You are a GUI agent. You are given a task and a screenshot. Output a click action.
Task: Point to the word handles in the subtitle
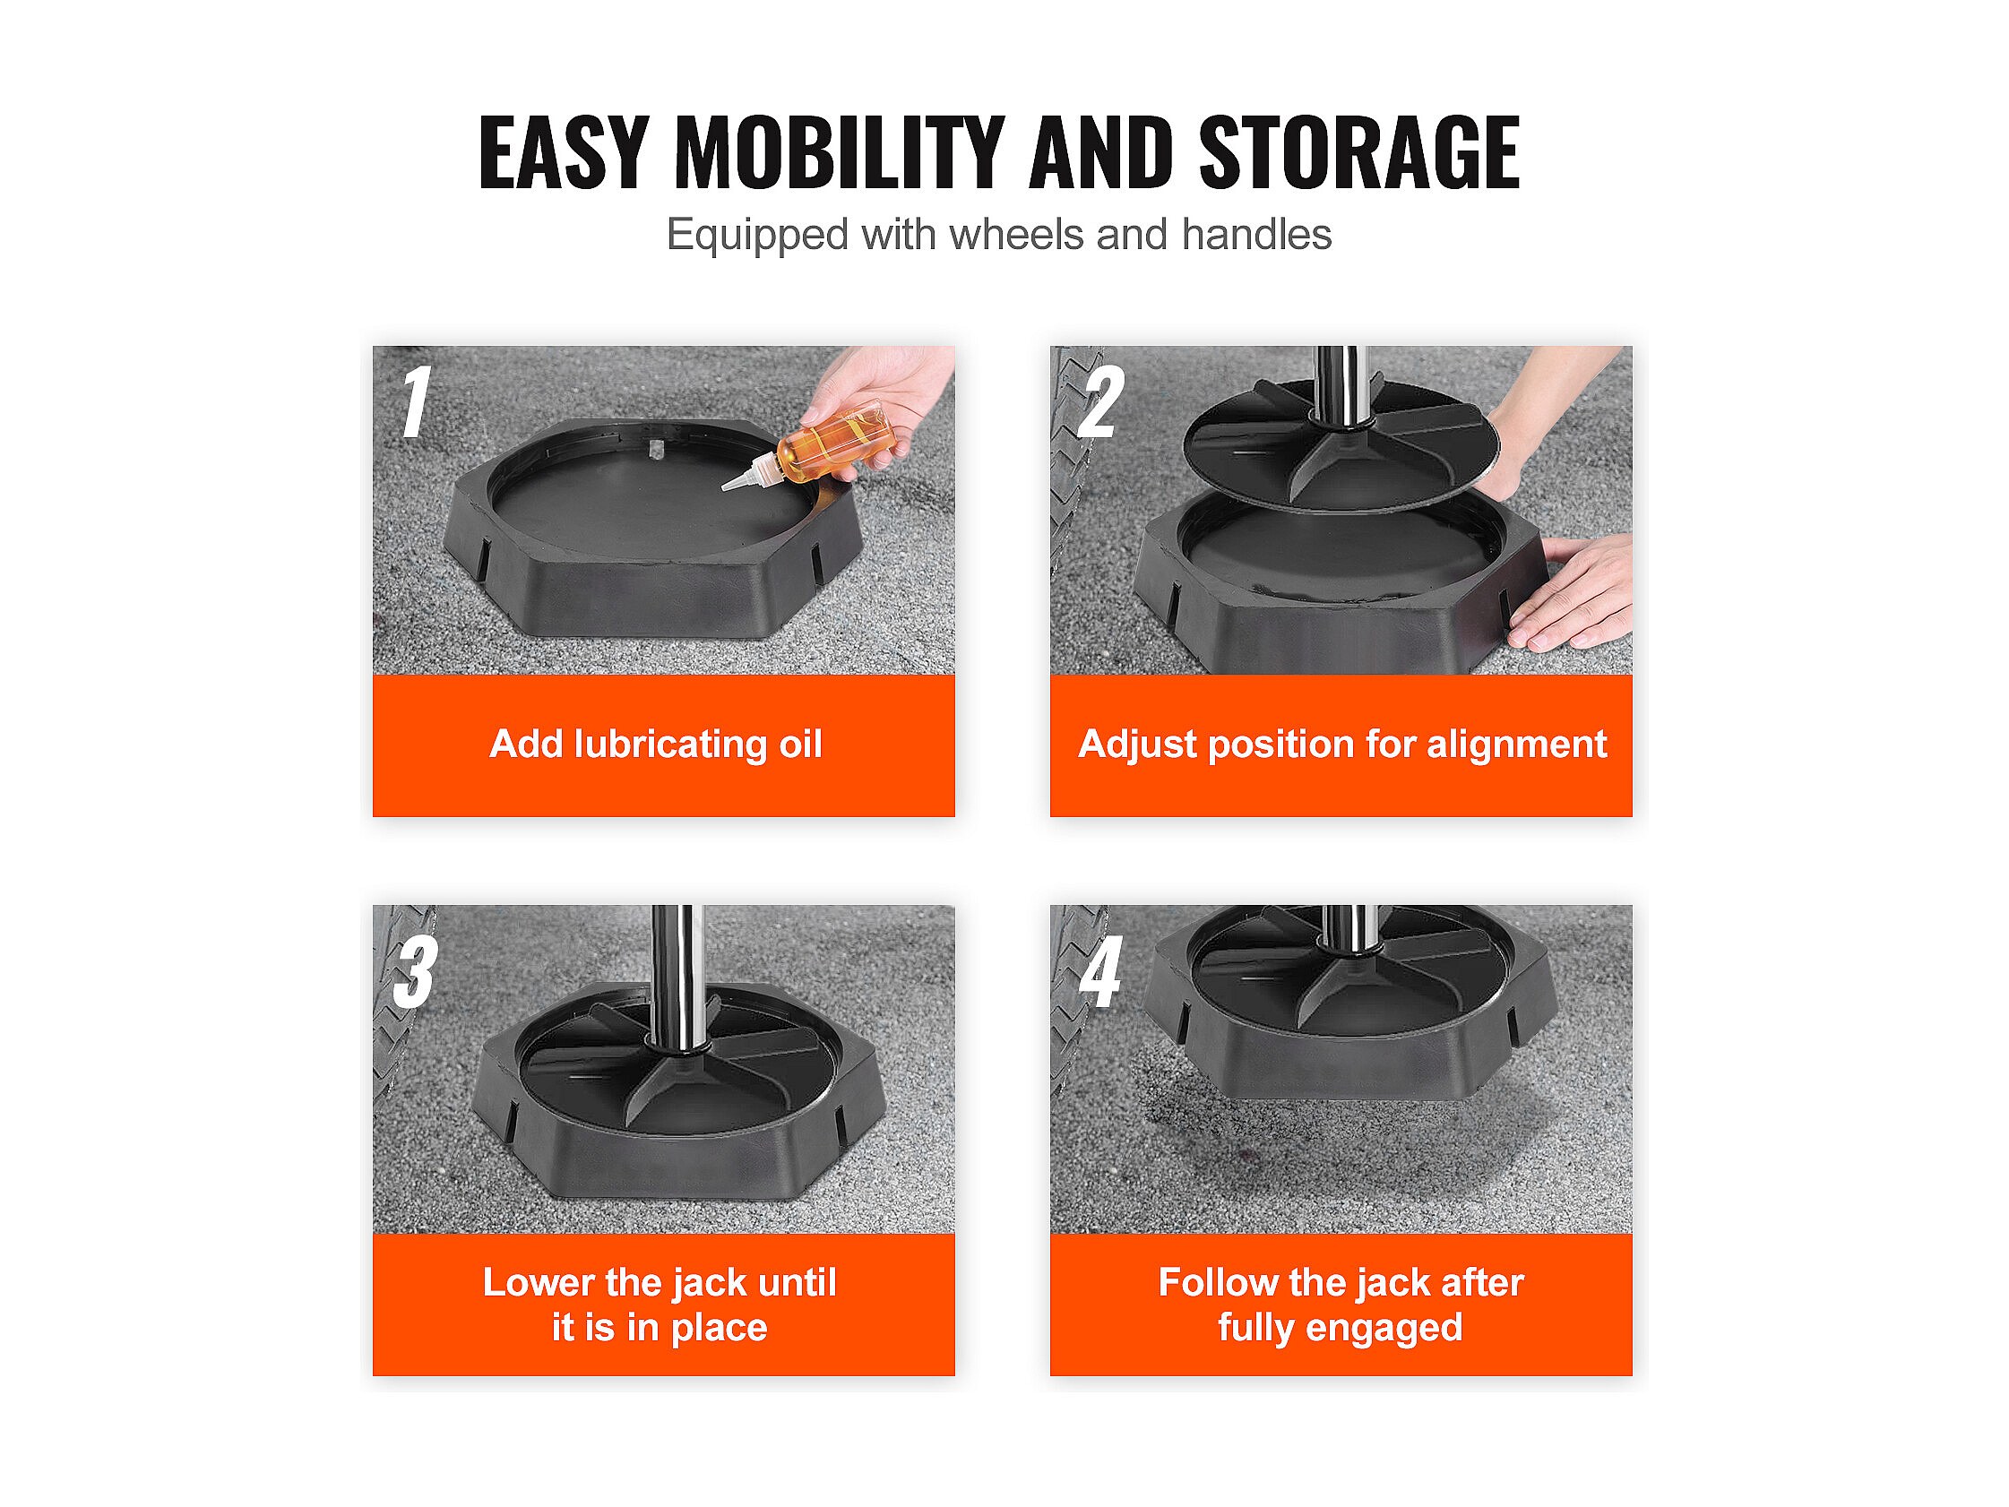1257,235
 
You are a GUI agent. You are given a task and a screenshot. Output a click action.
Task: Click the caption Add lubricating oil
656,744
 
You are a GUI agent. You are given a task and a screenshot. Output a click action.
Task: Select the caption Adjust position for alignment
1342,744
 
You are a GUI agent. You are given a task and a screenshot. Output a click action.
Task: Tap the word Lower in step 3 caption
539,1282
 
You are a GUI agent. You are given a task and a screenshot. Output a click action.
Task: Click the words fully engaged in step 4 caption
1341,1327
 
